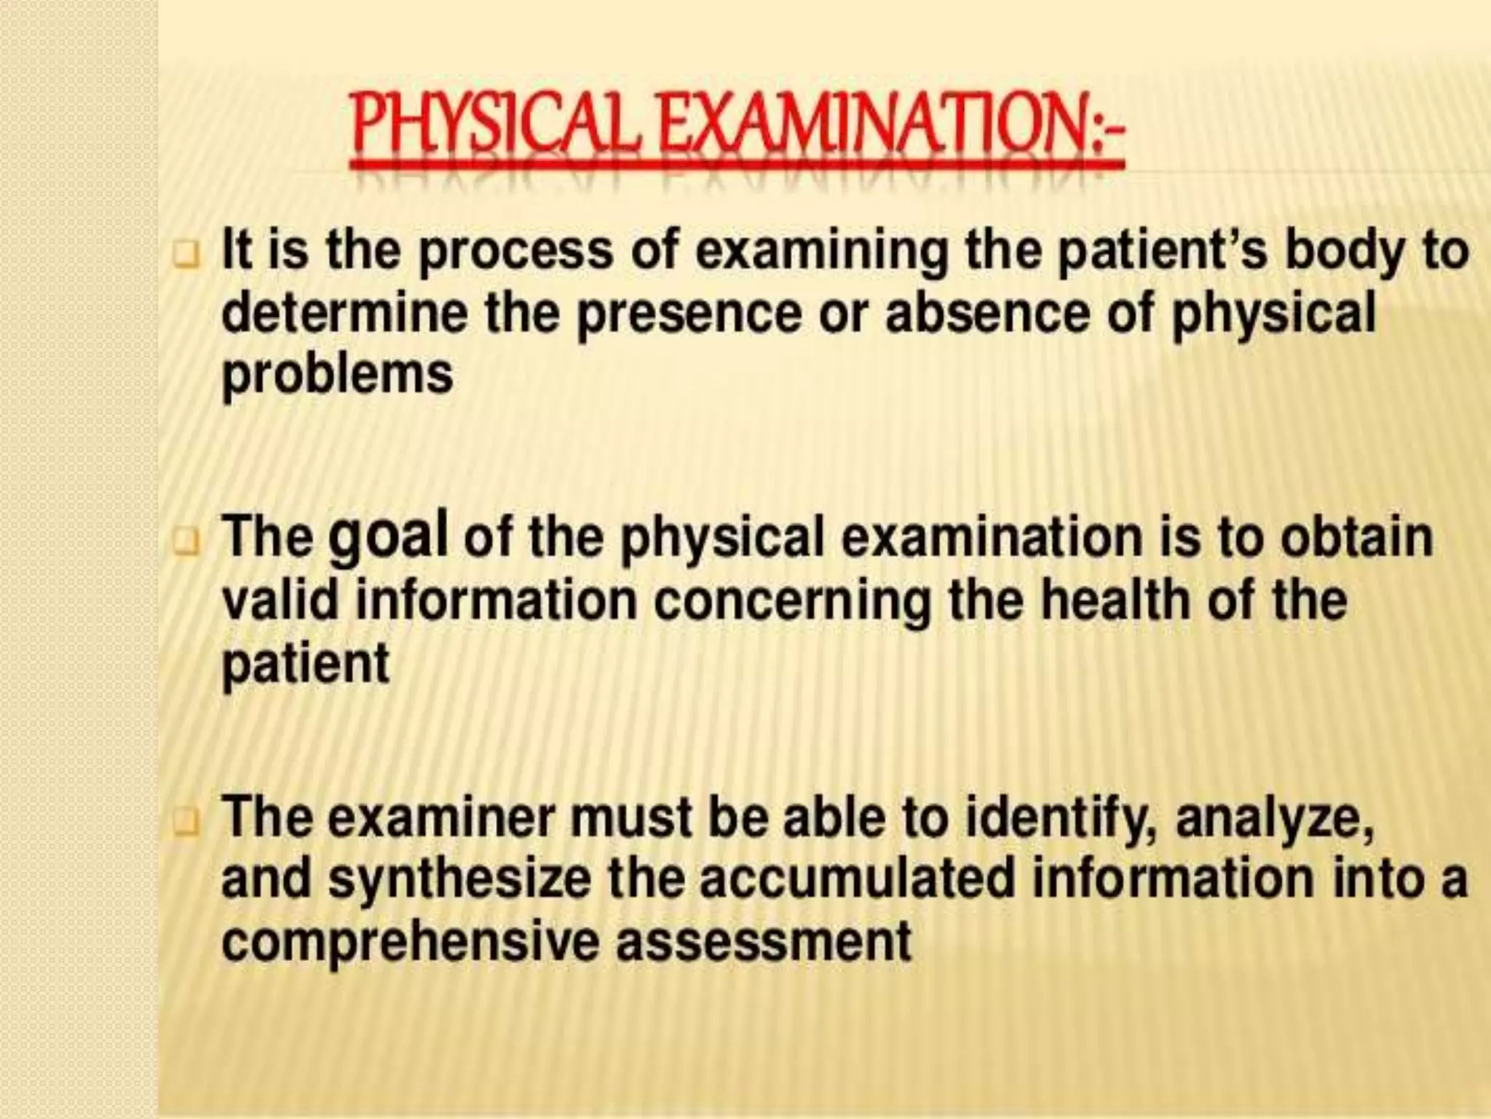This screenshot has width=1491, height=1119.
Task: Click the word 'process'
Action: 517,251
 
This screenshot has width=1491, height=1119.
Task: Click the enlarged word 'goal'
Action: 388,538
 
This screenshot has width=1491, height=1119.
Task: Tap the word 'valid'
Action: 281,600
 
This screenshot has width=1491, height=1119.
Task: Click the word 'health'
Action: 1117,600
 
